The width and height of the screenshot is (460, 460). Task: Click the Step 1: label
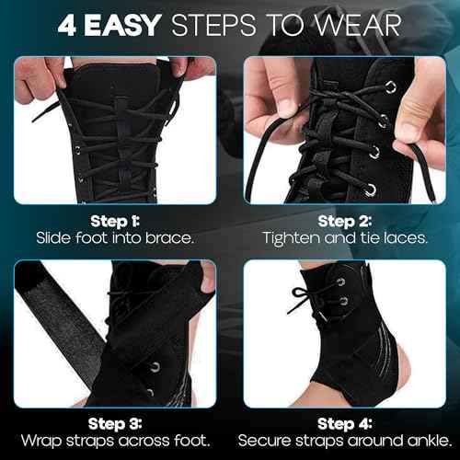[x=115, y=221]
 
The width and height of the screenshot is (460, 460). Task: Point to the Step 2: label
[x=344, y=221]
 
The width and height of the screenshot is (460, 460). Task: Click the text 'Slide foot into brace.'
[x=115, y=238]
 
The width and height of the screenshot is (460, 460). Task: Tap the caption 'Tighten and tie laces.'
[x=344, y=238]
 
